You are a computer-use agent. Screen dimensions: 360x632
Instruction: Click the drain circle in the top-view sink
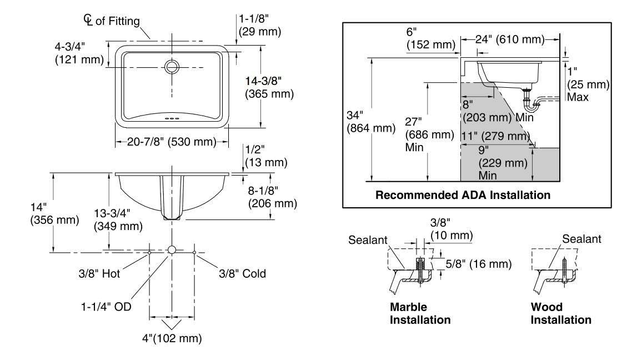coord(172,67)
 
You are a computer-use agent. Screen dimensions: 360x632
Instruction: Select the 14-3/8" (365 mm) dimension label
coord(269,87)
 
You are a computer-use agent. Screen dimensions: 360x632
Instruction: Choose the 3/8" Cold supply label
coord(242,273)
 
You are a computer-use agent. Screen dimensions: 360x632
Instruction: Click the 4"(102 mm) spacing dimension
coord(172,338)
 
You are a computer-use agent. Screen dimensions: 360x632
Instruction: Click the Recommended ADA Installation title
coord(463,195)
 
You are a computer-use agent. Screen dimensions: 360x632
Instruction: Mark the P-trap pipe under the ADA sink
coord(534,102)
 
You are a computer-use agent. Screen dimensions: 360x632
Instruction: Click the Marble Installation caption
coord(420,313)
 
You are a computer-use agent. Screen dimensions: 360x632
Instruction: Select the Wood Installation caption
coord(561,313)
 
